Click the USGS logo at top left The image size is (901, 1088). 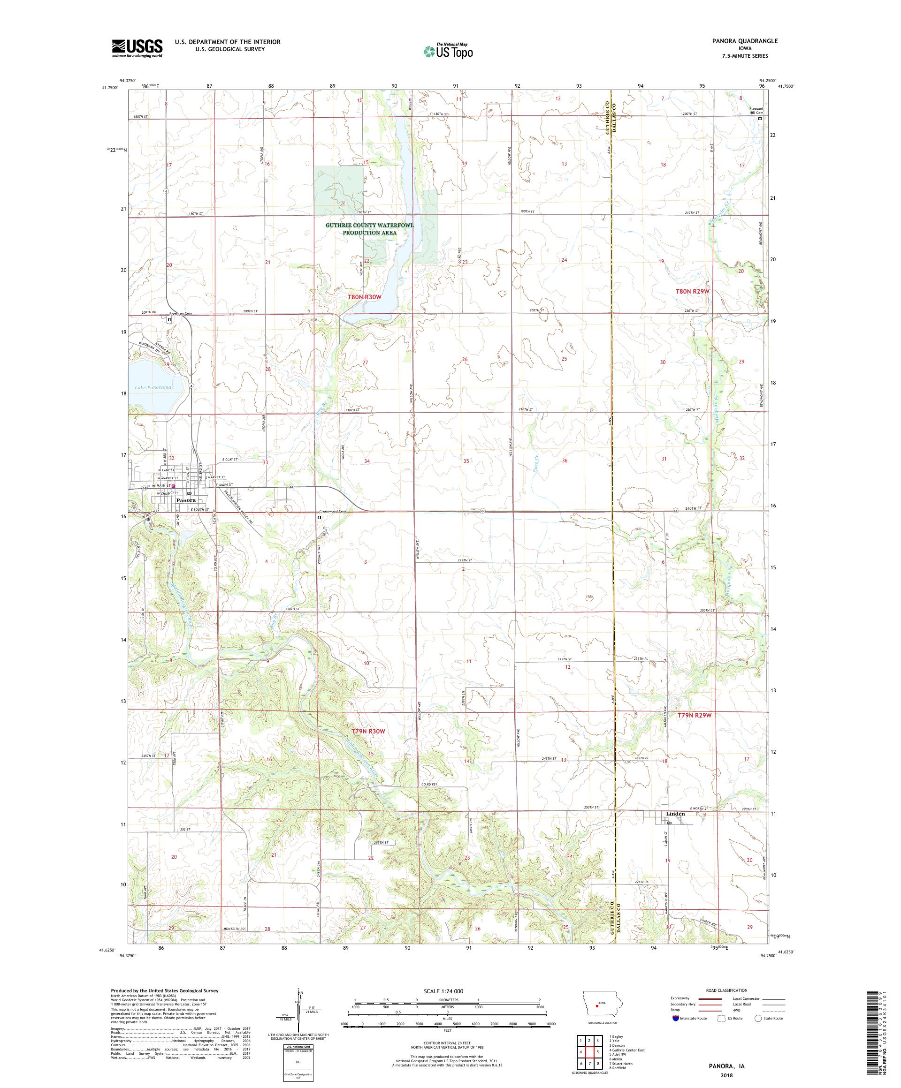click(x=137, y=48)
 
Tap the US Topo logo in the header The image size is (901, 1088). click(x=449, y=51)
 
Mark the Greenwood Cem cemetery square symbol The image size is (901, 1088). click(x=320, y=517)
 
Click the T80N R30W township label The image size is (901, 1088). click(x=365, y=297)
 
